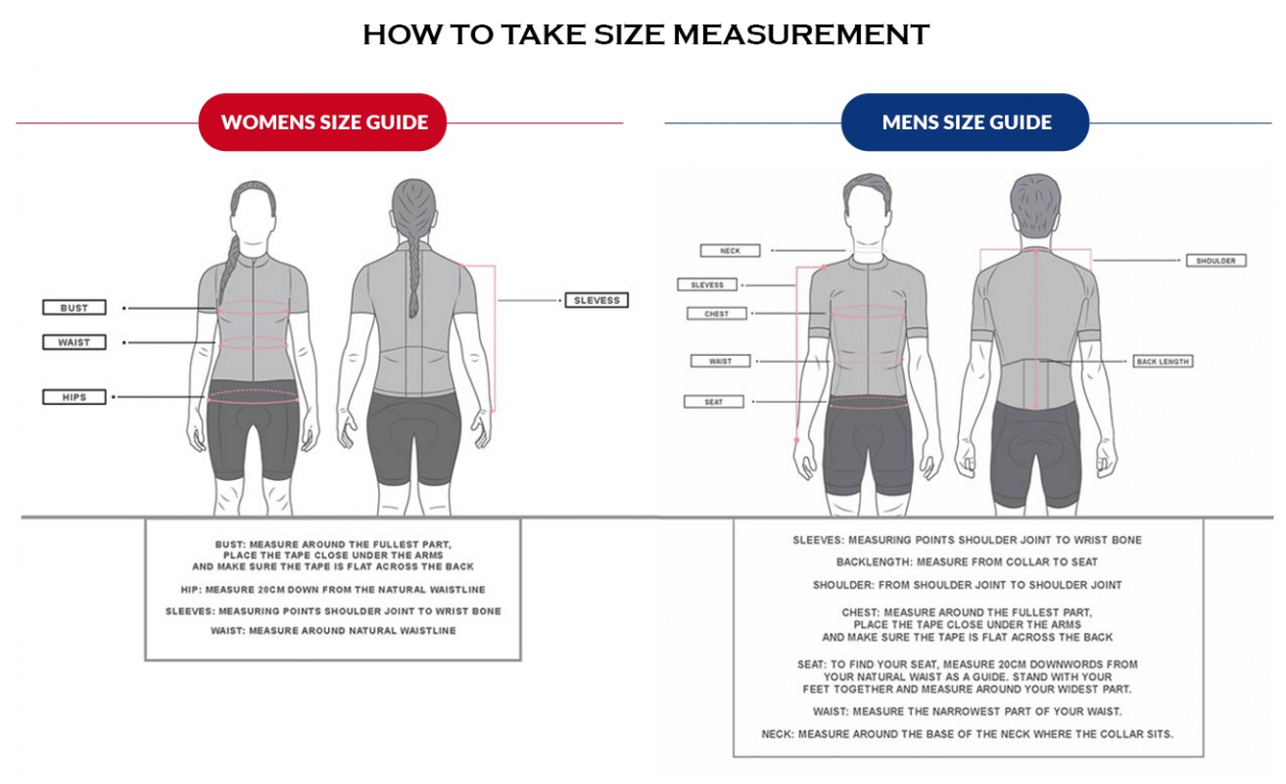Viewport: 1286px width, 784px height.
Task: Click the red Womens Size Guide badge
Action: pos(322,122)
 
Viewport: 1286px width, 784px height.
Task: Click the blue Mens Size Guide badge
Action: pos(965,122)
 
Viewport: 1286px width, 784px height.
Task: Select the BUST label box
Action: pos(74,308)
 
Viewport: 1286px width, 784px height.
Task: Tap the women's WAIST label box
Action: pos(74,342)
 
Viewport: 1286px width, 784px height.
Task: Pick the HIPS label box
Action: pos(74,397)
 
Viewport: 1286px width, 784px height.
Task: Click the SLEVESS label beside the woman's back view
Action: pos(596,300)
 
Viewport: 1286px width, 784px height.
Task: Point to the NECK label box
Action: pos(731,251)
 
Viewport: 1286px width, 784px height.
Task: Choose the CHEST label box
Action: pos(717,314)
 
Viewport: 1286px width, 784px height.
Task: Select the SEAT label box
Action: pos(714,402)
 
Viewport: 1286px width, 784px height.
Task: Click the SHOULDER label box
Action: pos(1215,261)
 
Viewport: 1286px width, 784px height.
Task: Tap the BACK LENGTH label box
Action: pos(1163,362)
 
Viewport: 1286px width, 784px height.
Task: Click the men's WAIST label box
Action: pos(721,361)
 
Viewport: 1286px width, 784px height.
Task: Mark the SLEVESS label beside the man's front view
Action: pos(707,285)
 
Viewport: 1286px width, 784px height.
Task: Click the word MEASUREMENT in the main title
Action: pos(801,34)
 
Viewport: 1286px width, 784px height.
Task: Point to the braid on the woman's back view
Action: pos(414,269)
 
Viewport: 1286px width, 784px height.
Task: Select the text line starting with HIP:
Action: pos(333,590)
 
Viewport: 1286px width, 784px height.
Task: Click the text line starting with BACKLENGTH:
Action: pos(967,562)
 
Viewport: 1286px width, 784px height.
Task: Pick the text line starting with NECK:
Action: pos(968,734)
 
